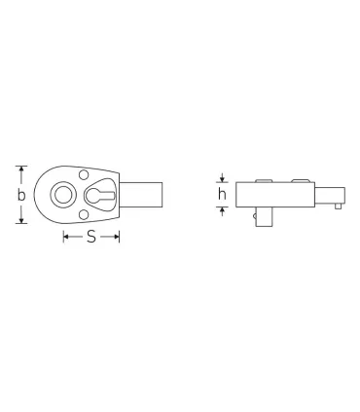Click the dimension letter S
pyautogui.click(x=90, y=237)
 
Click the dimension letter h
pyautogui.click(x=222, y=193)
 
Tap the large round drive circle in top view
pyautogui.click(x=63, y=195)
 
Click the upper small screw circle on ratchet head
pyautogui.click(x=82, y=175)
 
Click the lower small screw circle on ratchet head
pyautogui.click(x=82, y=215)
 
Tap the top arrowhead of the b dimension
pyautogui.click(x=21, y=169)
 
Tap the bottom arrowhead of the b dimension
pyautogui.click(x=21, y=221)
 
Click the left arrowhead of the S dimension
pyautogui.click(x=66, y=237)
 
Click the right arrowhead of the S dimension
pyautogui.click(x=117, y=237)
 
